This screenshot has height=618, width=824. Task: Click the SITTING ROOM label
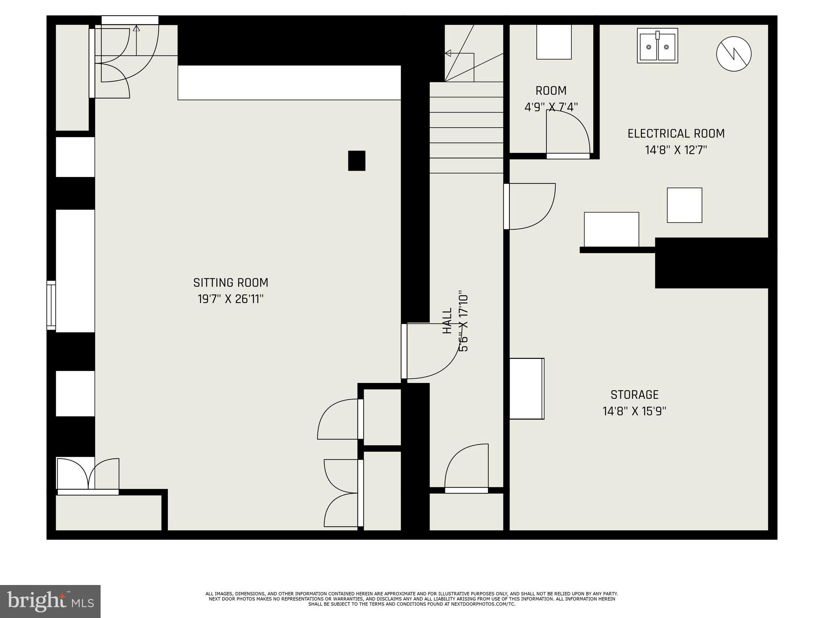point(231,283)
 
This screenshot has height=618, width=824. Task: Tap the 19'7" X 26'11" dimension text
point(231,299)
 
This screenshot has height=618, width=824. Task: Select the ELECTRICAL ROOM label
point(676,134)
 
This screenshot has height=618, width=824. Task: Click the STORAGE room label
point(634,395)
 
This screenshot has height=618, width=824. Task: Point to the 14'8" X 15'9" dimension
point(634,411)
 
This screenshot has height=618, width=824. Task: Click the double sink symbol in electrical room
point(657,46)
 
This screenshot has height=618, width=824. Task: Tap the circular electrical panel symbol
point(734,54)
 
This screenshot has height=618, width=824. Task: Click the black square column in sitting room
point(356,161)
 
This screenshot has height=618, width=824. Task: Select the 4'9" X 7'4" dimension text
point(551,107)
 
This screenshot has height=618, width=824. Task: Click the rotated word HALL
point(447,321)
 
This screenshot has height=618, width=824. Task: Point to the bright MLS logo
point(50,602)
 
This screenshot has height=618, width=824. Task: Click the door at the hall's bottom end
point(466,469)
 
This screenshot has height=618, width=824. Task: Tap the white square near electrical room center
point(684,205)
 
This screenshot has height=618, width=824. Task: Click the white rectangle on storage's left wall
point(527,389)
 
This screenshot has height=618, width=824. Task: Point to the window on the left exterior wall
point(51,305)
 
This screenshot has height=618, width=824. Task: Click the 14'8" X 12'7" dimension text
point(676,150)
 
